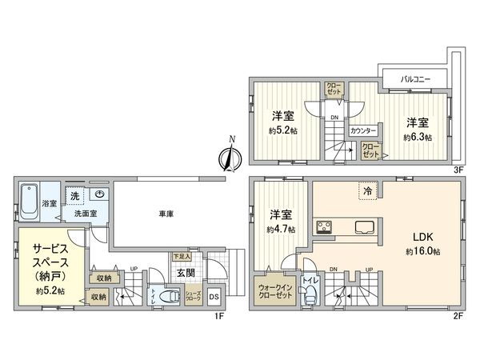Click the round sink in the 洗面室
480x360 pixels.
tap(100, 194)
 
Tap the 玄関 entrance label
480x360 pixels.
tap(185, 272)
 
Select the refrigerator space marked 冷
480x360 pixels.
tap(366, 193)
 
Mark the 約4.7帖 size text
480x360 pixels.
tap(281, 229)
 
